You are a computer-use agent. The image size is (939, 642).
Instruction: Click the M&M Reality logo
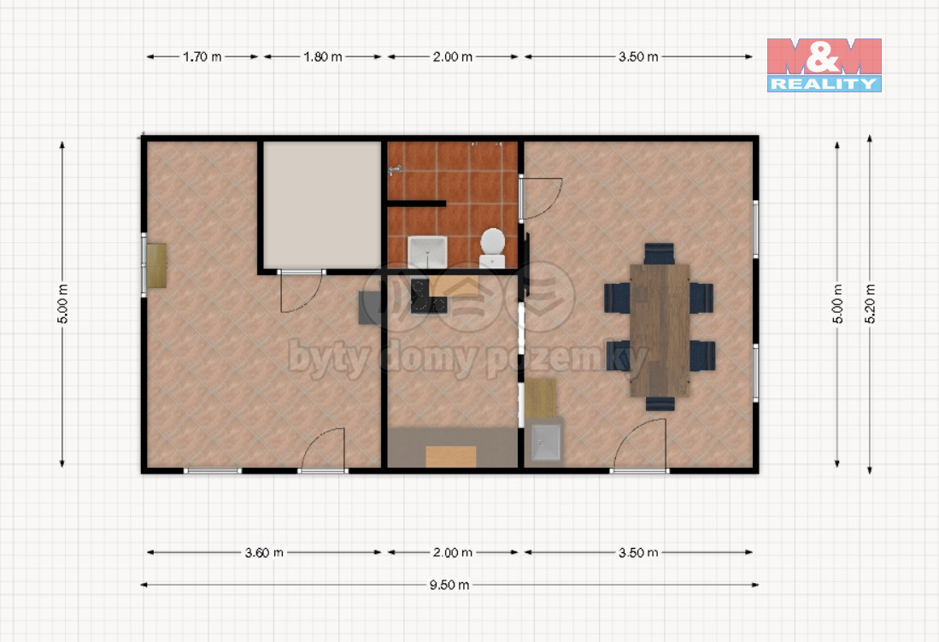click(824, 65)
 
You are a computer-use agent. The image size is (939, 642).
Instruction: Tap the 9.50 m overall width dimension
click(449, 585)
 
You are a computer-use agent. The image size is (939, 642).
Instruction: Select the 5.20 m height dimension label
click(870, 304)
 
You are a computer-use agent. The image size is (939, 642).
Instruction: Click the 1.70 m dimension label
click(202, 57)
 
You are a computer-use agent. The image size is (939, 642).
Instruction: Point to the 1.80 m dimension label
click(323, 57)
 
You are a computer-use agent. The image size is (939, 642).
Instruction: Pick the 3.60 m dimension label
click(264, 553)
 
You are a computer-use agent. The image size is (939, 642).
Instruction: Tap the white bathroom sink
click(427, 252)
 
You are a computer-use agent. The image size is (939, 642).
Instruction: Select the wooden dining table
click(660, 330)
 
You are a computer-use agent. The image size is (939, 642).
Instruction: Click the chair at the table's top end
click(659, 254)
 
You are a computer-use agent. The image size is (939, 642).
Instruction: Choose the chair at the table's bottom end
click(660, 403)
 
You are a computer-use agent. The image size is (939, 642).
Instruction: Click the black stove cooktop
click(428, 297)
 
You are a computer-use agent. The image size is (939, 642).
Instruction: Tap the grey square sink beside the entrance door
click(546, 442)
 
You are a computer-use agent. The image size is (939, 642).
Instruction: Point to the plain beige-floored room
click(322, 204)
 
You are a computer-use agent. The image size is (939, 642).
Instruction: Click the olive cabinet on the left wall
click(156, 266)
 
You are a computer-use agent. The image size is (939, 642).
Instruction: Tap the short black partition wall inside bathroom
click(416, 203)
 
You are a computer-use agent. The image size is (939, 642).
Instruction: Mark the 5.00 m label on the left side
click(63, 304)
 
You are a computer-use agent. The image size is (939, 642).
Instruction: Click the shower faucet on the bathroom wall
click(394, 172)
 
